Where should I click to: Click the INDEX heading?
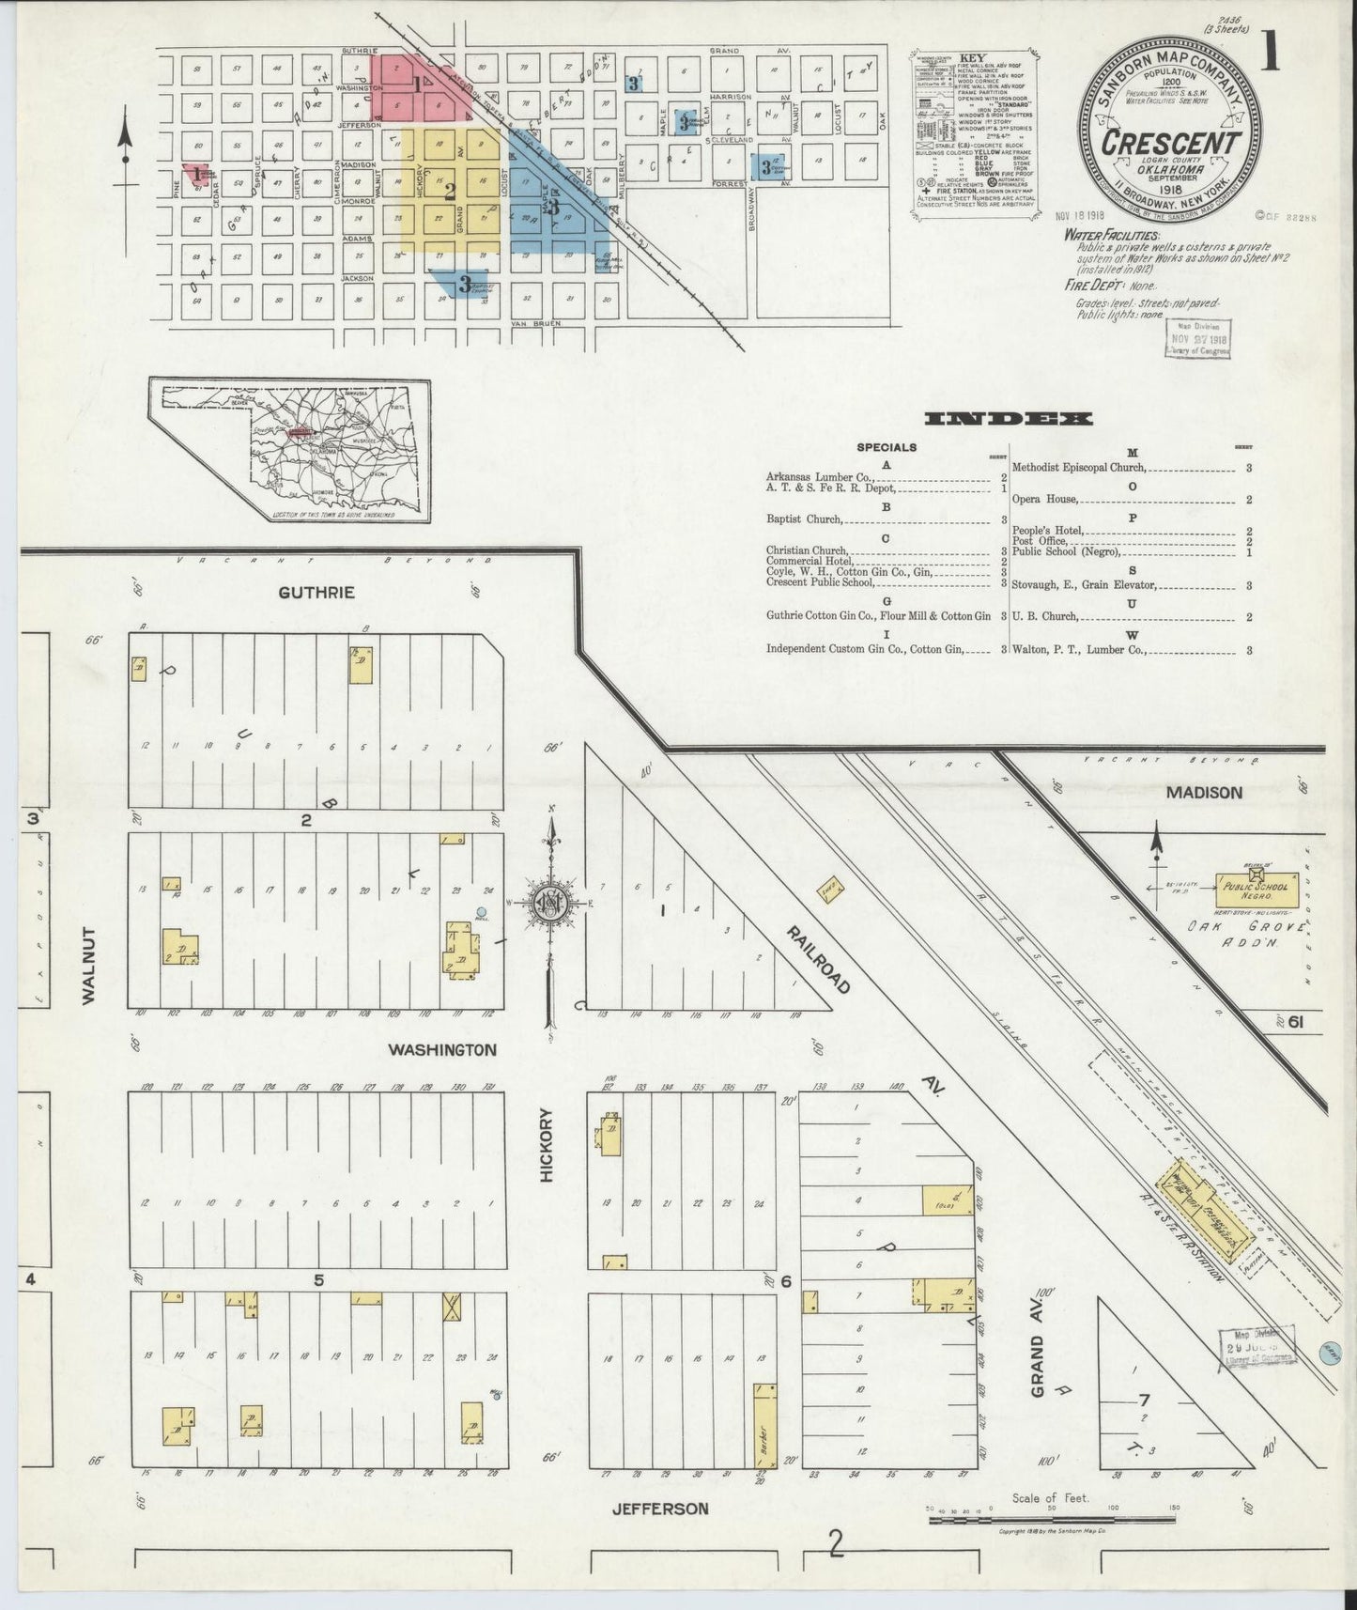coord(1008,419)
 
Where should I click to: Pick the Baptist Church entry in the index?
coord(804,519)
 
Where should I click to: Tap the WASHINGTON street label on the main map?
coord(441,1049)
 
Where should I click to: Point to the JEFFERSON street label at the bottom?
coord(659,1509)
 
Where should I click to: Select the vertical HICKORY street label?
coord(549,1145)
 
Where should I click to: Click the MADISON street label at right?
coord(1204,793)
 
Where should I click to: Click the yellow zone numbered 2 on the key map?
coord(451,191)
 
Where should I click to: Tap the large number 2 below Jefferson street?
coord(835,1544)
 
